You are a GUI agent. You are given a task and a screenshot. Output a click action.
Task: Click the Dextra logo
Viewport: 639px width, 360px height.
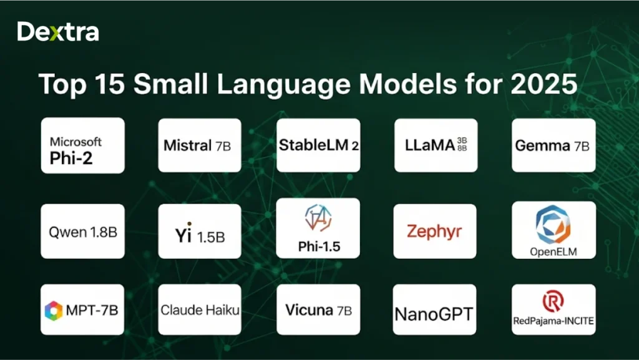[58, 32]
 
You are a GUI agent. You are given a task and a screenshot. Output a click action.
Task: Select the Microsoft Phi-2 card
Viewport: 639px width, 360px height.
[82, 145]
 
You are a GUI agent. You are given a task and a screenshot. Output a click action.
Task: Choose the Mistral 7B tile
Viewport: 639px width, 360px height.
[199, 145]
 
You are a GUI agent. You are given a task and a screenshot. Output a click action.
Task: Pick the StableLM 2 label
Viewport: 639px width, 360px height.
[318, 146]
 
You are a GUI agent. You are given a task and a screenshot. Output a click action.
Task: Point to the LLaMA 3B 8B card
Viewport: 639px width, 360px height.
[436, 145]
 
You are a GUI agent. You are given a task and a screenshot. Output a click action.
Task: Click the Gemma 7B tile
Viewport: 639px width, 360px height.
[553, 146]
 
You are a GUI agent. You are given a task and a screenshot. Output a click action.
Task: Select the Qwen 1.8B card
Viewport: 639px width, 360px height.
[82, 232]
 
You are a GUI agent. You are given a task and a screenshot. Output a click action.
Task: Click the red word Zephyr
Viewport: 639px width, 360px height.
[434, 231]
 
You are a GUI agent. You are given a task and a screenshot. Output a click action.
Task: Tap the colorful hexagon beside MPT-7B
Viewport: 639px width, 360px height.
[54, 311]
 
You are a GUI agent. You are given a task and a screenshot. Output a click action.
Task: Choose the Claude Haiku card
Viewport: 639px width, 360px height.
[200, 310]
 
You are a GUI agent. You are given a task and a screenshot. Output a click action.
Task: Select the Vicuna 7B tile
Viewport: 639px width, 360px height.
[318, 310]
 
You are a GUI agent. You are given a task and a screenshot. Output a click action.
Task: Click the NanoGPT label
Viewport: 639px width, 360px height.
[434, 312]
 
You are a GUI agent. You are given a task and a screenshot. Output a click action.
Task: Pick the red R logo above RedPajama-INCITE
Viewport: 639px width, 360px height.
[553, 301]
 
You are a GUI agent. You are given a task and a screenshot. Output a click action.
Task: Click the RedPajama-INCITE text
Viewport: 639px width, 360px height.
[553, 322]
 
